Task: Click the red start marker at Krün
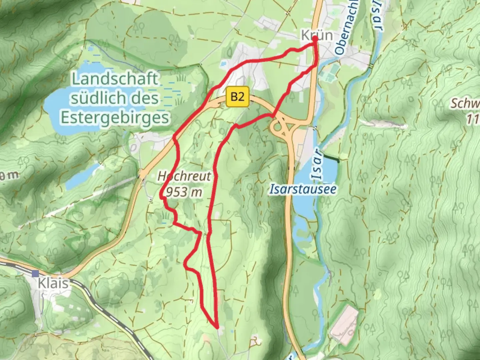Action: click(315, 38)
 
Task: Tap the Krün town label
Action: click(317, 35)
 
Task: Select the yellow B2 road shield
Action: click(237, 97)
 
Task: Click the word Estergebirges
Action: click(115, 117)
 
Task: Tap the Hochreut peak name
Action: click(184, 176)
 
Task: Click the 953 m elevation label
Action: click(184, 192)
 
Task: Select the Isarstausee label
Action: click(303, 189)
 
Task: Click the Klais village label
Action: click(53, 283)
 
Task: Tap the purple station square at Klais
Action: click(36, 274)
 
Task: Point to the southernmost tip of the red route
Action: click(217, 327)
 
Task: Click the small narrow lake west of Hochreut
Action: click(78, 180)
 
